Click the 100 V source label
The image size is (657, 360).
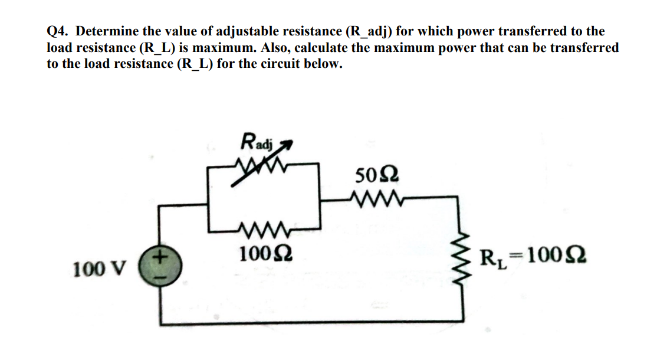(x=99, y=270)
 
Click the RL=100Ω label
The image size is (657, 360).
(x=533, y=258)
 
